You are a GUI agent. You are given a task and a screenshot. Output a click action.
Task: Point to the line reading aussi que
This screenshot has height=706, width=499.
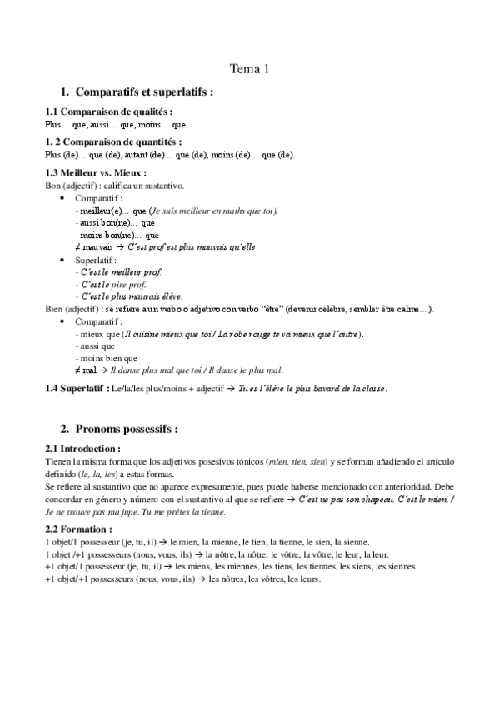click(94, 346)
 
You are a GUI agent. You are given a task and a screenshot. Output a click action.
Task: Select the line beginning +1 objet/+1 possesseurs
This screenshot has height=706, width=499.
click(182, 579)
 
